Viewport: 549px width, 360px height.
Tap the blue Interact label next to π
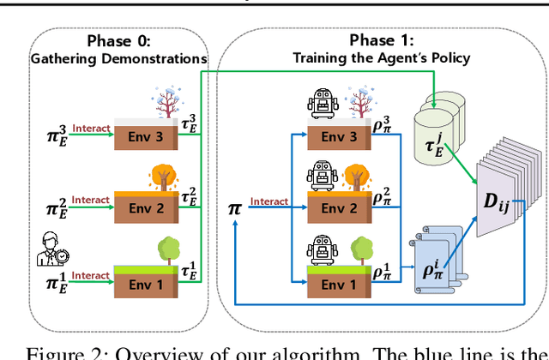pos(268,203)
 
